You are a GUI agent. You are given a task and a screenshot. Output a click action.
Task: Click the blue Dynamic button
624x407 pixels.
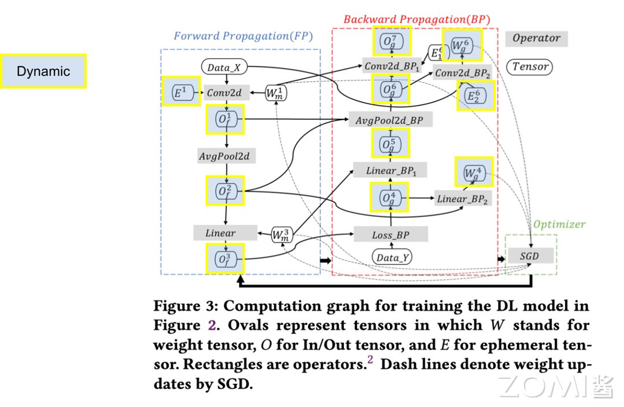43,71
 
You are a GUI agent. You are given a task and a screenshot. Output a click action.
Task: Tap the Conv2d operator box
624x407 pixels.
224,92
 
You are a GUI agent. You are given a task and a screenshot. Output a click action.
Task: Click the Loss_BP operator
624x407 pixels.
391,235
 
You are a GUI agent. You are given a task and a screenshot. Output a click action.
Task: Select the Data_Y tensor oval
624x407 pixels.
392,257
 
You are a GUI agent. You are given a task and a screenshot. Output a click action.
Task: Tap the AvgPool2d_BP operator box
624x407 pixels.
390,120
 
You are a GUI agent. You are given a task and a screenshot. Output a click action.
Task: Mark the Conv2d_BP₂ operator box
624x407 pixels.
463,73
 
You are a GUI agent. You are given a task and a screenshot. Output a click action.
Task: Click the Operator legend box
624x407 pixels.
536,39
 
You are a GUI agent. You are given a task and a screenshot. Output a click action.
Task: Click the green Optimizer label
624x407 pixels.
559,224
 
